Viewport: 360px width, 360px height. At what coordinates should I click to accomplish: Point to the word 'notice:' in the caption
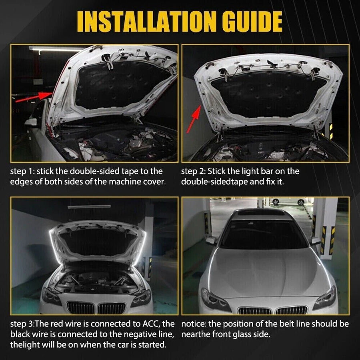coord(194,324)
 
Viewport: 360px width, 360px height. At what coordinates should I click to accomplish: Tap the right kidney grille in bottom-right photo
coord(291,310)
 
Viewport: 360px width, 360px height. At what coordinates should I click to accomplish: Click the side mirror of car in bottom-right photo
coord(211,240)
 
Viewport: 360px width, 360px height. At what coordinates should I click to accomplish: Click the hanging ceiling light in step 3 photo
coord(89,206)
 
